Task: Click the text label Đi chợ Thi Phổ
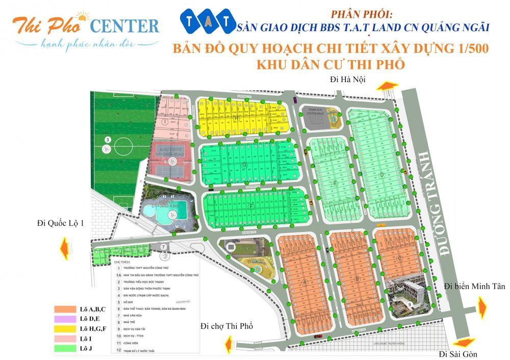(227, 326)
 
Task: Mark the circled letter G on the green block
(245, 165)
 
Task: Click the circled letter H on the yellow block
(236, 117)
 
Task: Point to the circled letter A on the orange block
(305, 282)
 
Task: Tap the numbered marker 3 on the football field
(108, 139)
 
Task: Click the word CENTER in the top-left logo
(125, 25)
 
